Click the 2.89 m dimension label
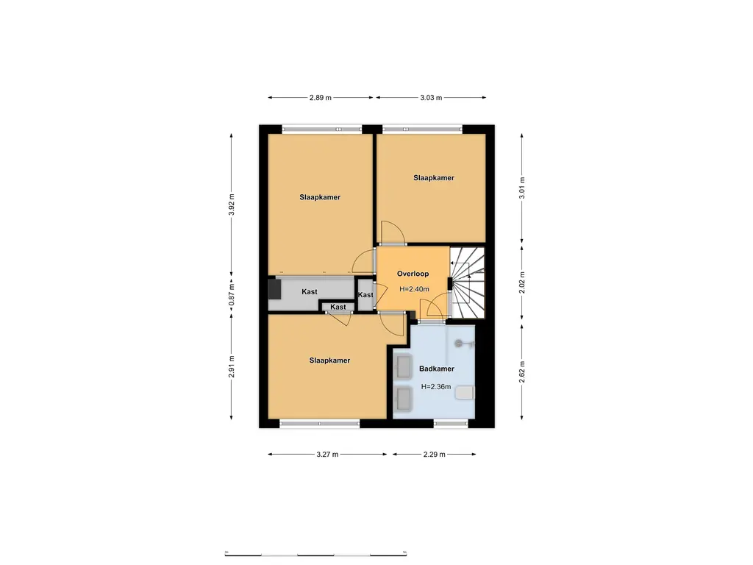319,97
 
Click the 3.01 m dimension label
522,189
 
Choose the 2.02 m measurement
522,284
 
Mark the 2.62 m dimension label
522,372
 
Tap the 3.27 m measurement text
327,455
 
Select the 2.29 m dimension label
435,455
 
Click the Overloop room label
413,273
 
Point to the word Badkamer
436,369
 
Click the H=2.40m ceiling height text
413,289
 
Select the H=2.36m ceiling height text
436,386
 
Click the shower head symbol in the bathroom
460,342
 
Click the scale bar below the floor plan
317,553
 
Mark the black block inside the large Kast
274,289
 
